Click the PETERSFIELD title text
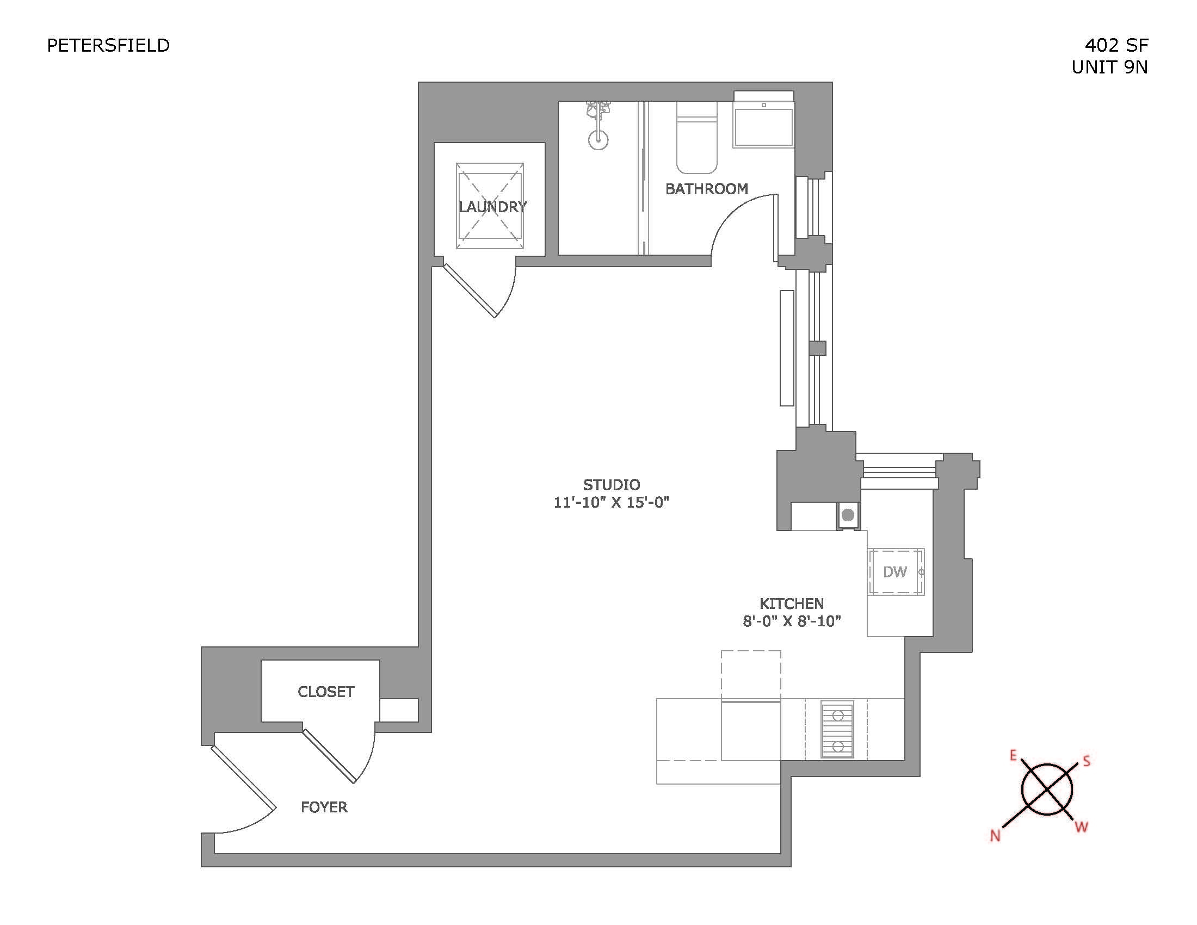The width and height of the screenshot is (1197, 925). tap(108, 46)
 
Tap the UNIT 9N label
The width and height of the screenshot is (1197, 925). tap(1109, 67)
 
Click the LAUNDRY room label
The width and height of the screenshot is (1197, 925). tap(492, 207)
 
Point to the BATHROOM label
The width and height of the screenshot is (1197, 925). tap(706, 189)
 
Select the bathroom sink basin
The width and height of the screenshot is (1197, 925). tap(763, 127)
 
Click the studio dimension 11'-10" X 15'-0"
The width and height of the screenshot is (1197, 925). tap(611, 503)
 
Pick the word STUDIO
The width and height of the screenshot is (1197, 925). tap(611, 484)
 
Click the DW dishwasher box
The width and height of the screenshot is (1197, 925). tap(895, 572)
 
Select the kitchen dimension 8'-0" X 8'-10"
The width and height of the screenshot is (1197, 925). tap(792, 621)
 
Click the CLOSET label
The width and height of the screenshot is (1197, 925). tap(326, 692)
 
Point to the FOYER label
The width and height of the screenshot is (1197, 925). tap(324, 806)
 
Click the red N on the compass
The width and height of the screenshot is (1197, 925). tap(995, 836)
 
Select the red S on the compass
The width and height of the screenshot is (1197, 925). tap(1086, 761)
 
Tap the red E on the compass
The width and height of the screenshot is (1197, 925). tap(1013, 756)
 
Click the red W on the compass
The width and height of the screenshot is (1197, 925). tap(1081, 827)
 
